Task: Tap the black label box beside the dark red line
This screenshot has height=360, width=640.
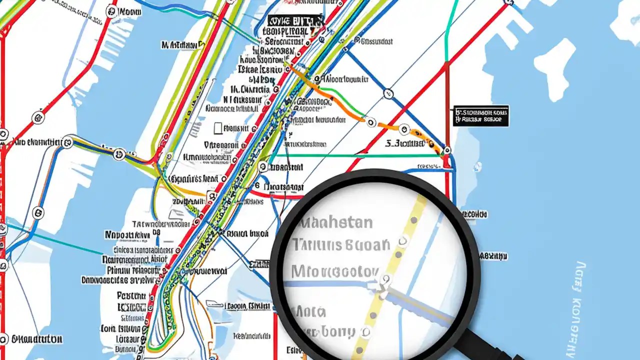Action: [x=481, y=115]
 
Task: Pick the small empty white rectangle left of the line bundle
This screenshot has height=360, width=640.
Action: [x=217, y=128]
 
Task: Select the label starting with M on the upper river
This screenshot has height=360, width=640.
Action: [x=182, y=45]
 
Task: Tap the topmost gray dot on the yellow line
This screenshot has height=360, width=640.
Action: [x=413, y=220]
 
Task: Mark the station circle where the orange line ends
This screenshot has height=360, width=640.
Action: [x=446, y=150]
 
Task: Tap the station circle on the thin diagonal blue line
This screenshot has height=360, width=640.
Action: [x=388, y=93]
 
